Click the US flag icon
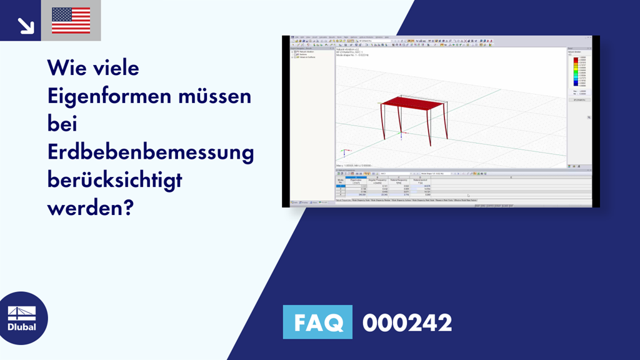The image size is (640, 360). [x=71, y=21]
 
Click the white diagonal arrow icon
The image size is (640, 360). [x=24, y=25]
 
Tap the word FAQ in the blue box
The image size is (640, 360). [x=318, y=322]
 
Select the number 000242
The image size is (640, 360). [x=407, y=323]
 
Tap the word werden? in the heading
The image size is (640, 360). [x=90, y=207]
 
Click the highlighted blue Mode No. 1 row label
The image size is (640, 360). [x=341, y=186]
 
